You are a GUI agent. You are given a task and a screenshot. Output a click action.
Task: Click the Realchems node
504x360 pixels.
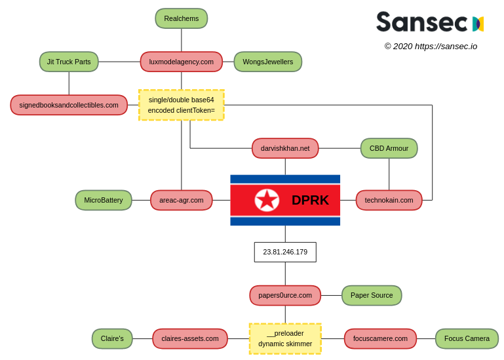182,18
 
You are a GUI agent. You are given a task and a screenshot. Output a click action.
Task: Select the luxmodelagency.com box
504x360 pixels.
182,62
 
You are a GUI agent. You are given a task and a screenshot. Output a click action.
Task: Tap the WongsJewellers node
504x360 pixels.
267,62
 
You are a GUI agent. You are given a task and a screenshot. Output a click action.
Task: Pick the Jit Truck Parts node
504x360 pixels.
69,62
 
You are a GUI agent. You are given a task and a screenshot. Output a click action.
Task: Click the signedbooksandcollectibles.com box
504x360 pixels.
69,105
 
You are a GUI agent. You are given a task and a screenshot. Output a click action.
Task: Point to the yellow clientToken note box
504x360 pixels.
182,105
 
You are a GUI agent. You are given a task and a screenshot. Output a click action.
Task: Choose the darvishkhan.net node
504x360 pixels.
285,148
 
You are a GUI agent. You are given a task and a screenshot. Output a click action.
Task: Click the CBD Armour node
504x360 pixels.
389,148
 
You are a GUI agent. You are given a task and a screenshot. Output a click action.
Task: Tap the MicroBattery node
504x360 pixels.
104,200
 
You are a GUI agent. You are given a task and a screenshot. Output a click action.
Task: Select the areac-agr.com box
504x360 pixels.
182,200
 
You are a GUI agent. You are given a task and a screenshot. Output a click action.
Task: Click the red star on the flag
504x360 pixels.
267,200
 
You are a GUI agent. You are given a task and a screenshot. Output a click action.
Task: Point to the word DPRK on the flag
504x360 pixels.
310,200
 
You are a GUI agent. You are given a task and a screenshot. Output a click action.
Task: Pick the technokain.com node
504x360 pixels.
389,200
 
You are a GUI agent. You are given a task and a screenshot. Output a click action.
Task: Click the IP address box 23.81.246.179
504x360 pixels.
285,252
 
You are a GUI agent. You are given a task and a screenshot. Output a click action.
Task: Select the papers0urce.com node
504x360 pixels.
285,295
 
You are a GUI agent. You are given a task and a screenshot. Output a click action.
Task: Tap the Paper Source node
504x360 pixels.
372,295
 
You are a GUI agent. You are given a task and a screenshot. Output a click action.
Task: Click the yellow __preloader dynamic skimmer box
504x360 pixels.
285,338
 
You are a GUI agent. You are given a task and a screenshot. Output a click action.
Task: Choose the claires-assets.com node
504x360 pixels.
190,338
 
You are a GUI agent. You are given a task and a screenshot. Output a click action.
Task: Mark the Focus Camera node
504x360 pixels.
467,338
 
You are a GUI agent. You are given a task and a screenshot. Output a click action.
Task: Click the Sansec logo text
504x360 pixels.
421,22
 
